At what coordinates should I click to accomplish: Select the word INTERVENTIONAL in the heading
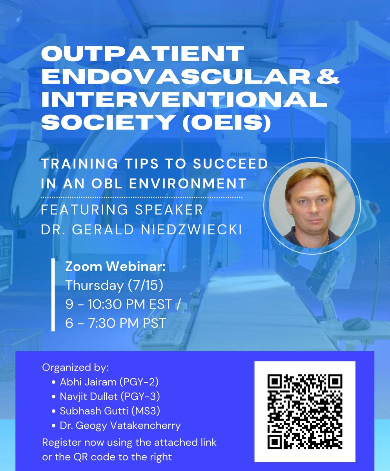pos(184,100)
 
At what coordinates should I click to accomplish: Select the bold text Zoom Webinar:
pos(115,268)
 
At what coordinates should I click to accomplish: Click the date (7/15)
pos(146,285)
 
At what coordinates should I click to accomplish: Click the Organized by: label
pos(75,369)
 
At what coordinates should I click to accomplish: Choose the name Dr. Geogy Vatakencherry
pos(121,425)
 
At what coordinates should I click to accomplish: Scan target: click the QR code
pos(304,411)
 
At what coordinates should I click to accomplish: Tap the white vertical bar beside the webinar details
pos(53,295)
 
